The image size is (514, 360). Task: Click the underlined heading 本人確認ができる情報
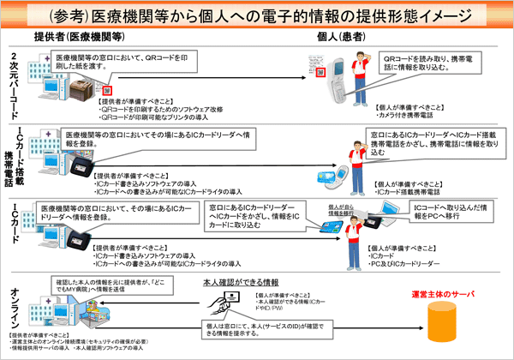(240, 281)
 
